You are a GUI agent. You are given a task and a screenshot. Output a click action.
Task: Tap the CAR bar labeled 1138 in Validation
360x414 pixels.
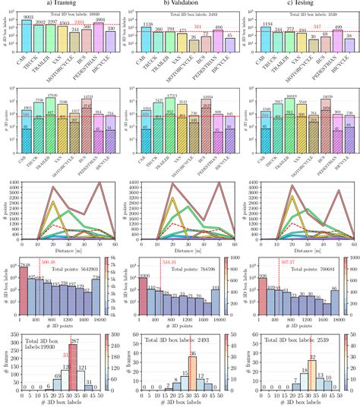tap(145, 38)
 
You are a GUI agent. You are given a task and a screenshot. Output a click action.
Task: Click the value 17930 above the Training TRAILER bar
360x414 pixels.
tap(51, 95)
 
